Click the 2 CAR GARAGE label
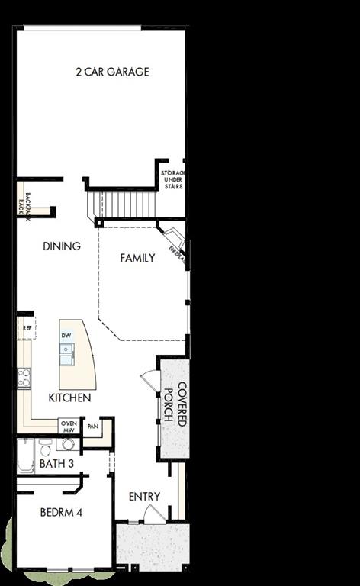tap(111, 72)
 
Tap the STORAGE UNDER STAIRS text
tap(173, 180)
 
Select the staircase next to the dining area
tap(123, 204)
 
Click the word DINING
tap(62, 246)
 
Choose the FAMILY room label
tap(137, 258)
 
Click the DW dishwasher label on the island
tap(66, 336)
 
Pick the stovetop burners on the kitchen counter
tap(24, 375)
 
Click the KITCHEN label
tap(69, 398)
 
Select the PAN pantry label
tap(94, 426)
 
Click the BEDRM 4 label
tap(60, 512)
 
